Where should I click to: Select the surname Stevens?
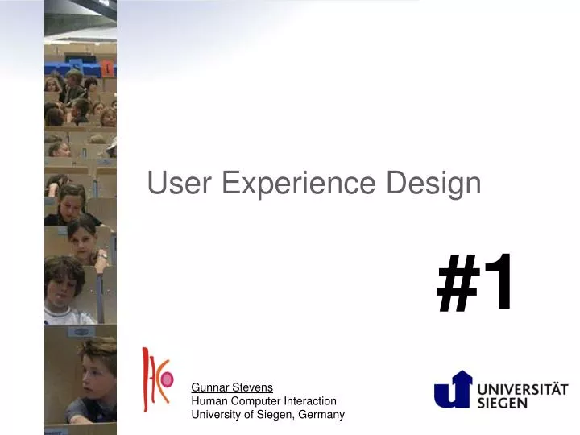coord(252,387)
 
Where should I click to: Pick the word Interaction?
coord(310,401)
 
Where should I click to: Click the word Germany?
coord(321,415)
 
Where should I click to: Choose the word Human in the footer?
coord(209,401)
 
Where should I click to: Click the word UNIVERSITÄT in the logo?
coord(523,389)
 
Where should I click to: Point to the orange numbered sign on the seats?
coord(107,68)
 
